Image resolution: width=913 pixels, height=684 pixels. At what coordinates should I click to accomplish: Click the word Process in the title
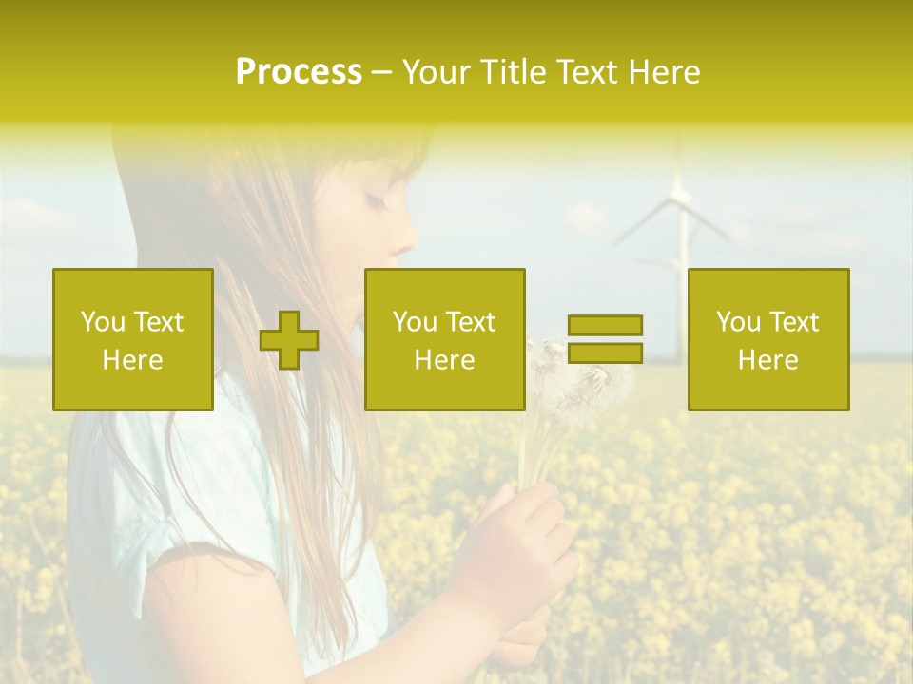299,72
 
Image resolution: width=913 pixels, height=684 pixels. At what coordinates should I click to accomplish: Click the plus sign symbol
289,339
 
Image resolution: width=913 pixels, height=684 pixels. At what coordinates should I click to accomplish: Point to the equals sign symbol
605,339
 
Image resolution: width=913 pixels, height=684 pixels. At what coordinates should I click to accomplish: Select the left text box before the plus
133,339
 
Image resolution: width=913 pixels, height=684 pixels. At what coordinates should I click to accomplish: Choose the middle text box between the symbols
445,339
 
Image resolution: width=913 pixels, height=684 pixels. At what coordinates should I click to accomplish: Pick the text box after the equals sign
768,339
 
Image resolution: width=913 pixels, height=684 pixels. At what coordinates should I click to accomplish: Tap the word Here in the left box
133,360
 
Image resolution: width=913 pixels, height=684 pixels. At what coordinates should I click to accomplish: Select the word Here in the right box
768,360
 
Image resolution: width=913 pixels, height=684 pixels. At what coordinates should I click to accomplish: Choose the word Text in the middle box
470,322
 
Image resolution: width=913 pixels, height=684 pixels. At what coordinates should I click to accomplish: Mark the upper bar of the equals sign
605,325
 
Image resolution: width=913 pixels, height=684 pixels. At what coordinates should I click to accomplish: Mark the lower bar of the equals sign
605,353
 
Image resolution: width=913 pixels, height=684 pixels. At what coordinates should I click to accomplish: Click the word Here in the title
665,72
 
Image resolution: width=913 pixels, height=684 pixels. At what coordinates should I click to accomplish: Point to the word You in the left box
103,322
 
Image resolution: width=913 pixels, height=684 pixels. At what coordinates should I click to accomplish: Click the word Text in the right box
793,322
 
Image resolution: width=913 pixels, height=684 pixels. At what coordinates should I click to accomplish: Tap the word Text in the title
587,72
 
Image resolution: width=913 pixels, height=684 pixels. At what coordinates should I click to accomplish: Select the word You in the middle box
415,322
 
